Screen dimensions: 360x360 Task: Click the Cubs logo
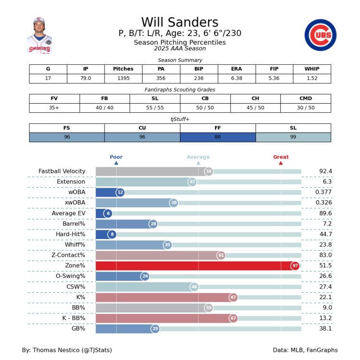point(320,35)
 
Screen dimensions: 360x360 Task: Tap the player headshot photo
point(39,36)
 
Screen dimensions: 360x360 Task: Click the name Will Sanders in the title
point(180,23)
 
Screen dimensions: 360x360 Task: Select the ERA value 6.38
point(236,78)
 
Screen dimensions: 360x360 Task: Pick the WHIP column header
point(312,69)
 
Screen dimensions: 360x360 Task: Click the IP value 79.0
point(85,78)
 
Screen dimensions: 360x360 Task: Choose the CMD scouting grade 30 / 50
point(305,108)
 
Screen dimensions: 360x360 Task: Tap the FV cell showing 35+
point(54,108)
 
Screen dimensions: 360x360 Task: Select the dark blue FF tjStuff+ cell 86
point(217,137)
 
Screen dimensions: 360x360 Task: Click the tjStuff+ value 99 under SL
point(293,137)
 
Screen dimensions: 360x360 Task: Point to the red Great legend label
point(281,157)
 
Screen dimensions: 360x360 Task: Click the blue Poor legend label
point(116,157)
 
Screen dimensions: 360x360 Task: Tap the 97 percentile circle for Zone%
point(295,266)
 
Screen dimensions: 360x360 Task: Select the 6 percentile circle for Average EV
point(108,214)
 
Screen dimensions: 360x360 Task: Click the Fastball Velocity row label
point(62,171)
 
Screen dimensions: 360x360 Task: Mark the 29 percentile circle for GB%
point(155,329)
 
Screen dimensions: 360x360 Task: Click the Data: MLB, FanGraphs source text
point(305,350)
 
